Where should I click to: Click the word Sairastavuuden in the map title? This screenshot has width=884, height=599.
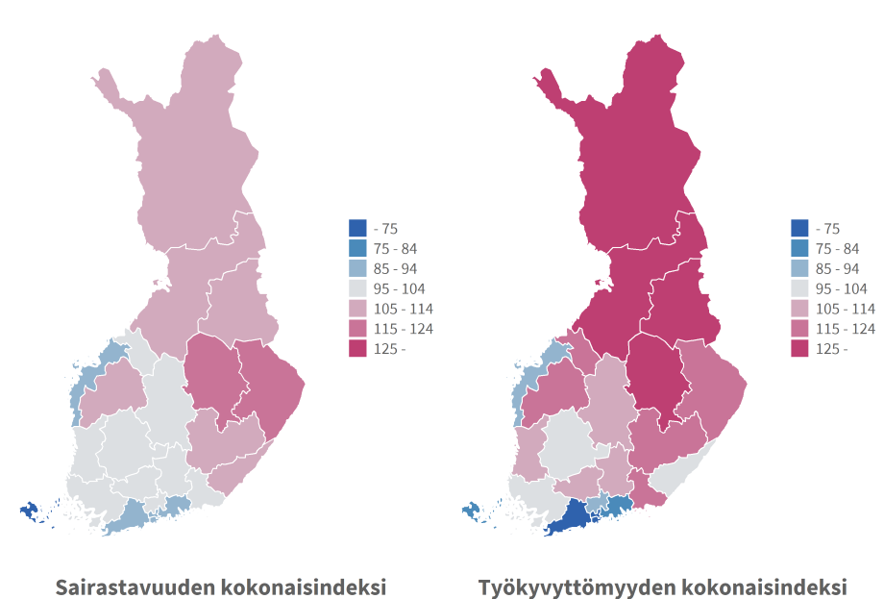pos(135,586)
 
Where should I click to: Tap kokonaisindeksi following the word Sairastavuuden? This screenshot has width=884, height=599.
pos(303,586)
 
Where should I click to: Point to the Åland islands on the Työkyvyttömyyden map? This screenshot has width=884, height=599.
pos(472,511)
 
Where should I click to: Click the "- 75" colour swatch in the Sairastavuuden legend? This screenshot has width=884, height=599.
pos(357,228)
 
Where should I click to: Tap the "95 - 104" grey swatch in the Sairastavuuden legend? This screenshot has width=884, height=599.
pos(357,288)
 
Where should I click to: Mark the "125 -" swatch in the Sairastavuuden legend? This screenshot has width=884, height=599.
pos(357,349)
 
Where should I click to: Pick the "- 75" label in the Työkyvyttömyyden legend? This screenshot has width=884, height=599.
pos(827,228)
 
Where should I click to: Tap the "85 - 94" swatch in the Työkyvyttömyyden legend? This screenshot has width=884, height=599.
pos(799,268)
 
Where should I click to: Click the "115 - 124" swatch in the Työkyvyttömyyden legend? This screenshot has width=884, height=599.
pos(799,329)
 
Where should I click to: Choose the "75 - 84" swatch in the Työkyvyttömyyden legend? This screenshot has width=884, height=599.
pos(799,248)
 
